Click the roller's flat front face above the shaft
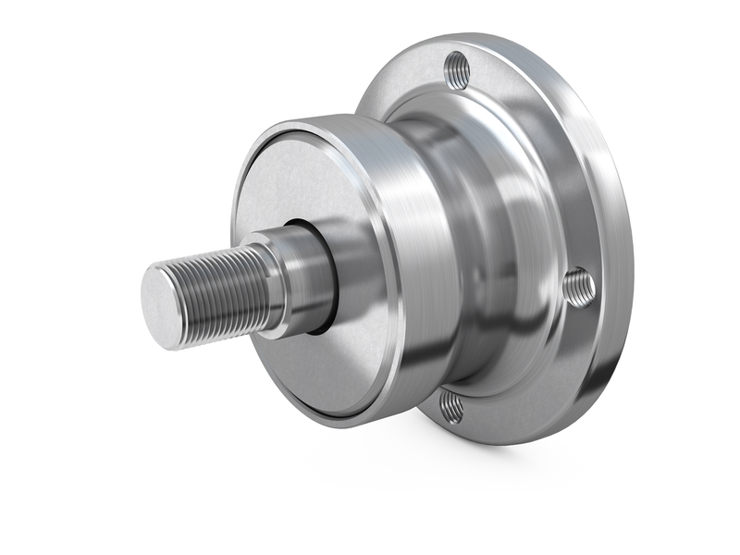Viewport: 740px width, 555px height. pyautogui.click(x=296, y=185)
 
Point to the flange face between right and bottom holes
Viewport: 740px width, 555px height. pyautogui.click(x=536, y=379)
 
